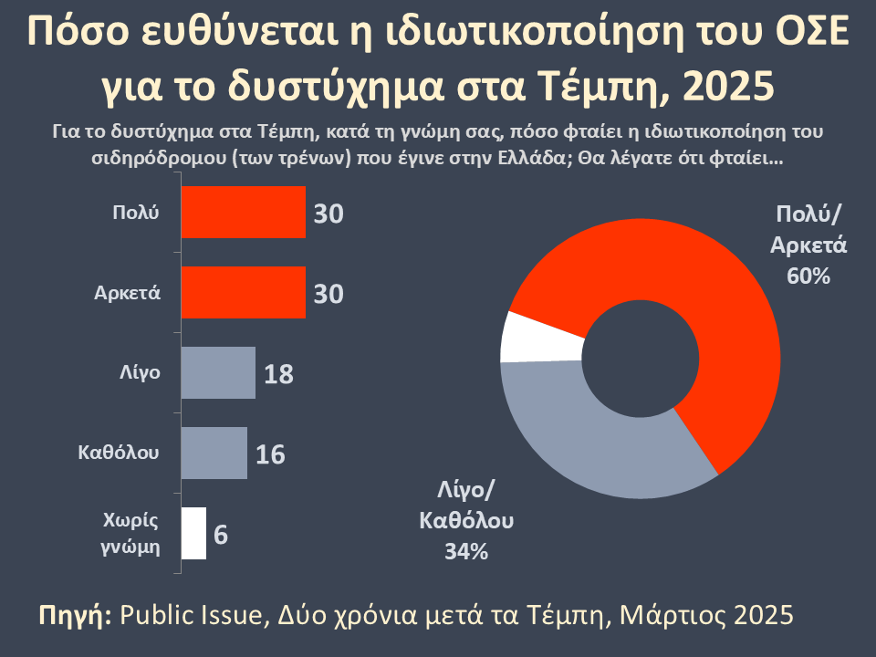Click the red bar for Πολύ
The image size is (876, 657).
244,213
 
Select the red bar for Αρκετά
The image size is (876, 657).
244,293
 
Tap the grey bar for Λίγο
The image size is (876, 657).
218,373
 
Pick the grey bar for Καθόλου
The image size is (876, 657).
214,453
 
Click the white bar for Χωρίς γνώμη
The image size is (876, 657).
193,533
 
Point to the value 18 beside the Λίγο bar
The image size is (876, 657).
278,374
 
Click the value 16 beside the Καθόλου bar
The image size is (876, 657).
270,454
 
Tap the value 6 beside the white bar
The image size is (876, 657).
220,534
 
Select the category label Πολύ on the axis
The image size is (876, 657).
135,213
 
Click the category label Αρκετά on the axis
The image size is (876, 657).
128,293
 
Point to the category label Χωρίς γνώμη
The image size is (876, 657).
129,534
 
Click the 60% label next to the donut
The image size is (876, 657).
808,276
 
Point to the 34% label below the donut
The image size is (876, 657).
466,551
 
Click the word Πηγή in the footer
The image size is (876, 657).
76,614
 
